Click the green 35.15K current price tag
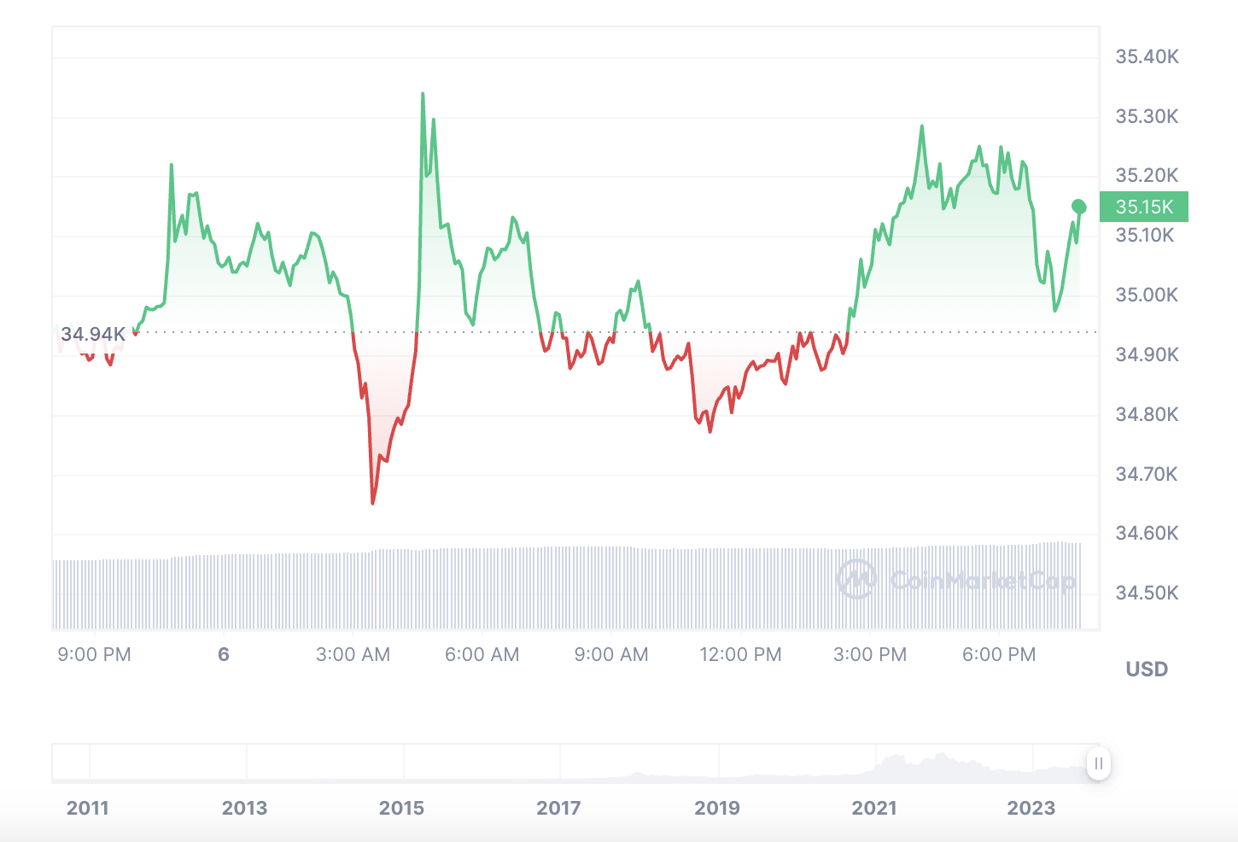(x=1143, y=207)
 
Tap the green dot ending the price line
(x=1079, y=207)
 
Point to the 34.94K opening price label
(x=92, y=334)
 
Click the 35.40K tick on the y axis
(x=1147, y=57)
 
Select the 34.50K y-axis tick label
(x=1147, y=593)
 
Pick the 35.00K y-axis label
(x=1147, y=295)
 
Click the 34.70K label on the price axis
(x=1147, y=474)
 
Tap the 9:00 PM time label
(x=94, y=655)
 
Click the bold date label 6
(x=224, y=655)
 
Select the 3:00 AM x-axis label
(x=353, y=655)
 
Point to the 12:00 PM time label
(x=740, y=655)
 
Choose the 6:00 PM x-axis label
(x=999, y=655)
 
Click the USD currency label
(x=1147, y=670)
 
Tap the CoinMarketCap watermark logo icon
(x=856, y=580)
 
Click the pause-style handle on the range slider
(x=1099, y=763)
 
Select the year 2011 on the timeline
(x=88, y=808)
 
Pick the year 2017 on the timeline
(x=558, y=808)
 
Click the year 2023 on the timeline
(x=1031, y=808)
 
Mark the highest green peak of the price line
(x=423, y=94)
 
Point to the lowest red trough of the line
(x=373, y=503)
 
